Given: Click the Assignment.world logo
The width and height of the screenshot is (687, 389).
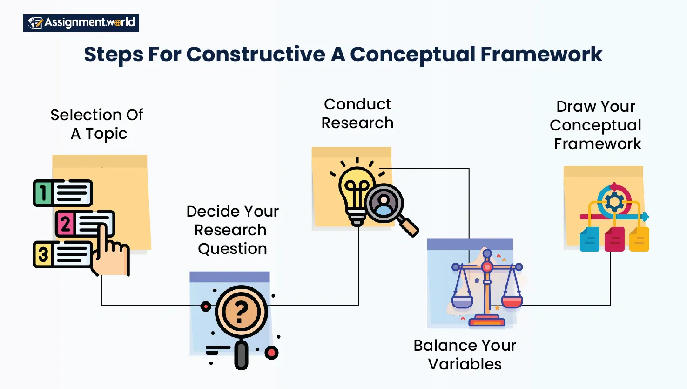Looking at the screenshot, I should pos(81,23).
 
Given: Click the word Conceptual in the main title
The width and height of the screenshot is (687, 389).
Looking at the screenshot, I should pos(412,55).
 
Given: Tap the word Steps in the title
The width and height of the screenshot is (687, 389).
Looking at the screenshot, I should pos(114,55).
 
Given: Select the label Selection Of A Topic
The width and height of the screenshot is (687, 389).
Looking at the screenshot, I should pos(97,124).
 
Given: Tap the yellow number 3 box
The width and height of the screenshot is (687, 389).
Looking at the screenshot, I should pos(43,254).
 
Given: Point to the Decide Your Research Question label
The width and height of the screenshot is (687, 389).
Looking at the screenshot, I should pos(232,230).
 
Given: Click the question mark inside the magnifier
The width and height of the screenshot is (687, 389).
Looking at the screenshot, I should pos(241,312).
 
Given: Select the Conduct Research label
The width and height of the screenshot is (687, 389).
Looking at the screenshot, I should pos(357,113).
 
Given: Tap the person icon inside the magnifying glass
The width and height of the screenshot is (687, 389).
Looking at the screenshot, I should pos(384,204).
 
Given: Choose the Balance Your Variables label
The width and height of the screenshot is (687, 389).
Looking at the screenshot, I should pos(465,355).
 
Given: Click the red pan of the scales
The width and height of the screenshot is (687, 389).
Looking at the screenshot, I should pos(512,302).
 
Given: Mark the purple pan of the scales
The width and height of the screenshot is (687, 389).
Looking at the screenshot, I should pos(462,302).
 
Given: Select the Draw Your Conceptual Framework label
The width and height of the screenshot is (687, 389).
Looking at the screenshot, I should pos(596,125).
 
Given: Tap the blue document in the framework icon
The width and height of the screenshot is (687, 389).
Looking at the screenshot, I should pos(590,239).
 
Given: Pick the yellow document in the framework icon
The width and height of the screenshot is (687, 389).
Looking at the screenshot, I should pos(639,239).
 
